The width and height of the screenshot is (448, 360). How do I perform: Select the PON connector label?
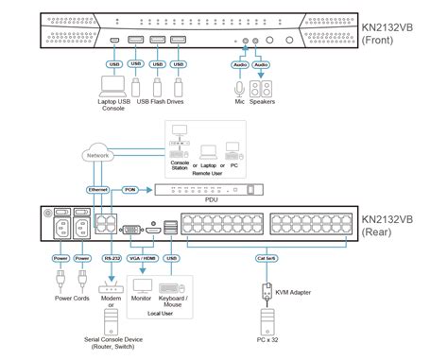coord(131,189)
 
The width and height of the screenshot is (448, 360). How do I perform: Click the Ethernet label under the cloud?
coord(97,189)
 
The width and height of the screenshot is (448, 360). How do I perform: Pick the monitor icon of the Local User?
coord(144,284)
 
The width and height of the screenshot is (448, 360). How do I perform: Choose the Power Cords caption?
coord(72,300)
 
